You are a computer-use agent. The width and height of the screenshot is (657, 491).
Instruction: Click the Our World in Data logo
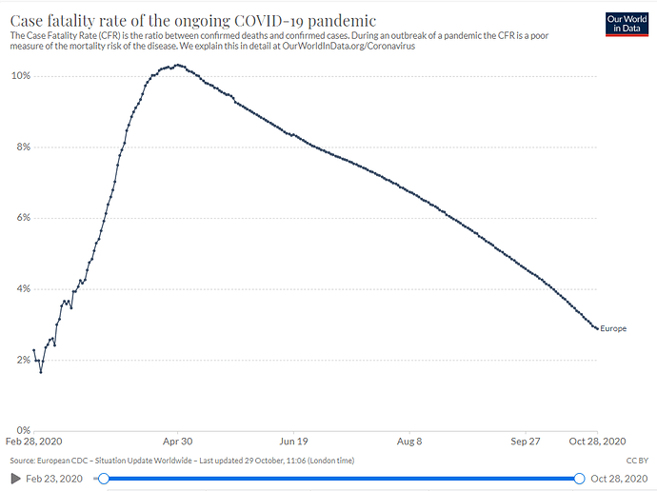click(x=626, y=24)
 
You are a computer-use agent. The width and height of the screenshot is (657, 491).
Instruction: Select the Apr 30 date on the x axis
click(x=177, y=442)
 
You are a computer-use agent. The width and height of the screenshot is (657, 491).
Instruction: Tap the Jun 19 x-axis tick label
click(x=293, y=442)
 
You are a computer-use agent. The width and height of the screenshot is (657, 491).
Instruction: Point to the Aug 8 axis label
click(x=409, y=442)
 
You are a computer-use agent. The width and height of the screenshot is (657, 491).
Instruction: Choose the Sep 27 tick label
click(x=525, y=442)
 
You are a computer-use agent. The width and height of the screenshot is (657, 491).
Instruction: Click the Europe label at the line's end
click(x=613, y=329)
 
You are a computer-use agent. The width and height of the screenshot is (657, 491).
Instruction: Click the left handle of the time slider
click(x=103, y=478)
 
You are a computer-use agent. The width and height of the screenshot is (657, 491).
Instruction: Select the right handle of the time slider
click(x=579, y=478)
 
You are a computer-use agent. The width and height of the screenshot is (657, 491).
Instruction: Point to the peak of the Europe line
click(x=177, y=66)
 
